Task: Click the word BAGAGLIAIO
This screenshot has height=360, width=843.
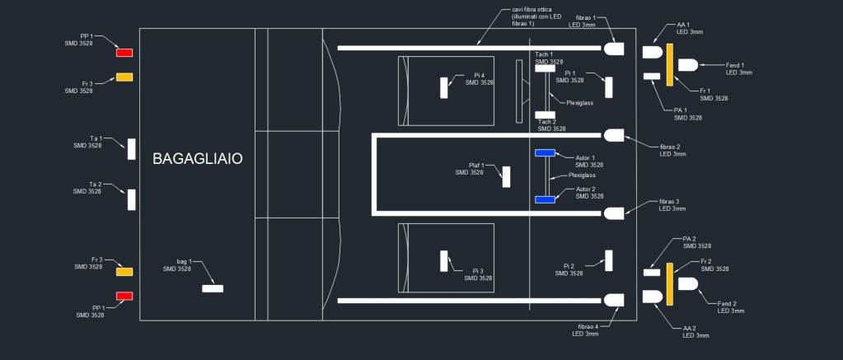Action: [197, 158]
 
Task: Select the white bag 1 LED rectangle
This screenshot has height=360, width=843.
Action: [213, 288]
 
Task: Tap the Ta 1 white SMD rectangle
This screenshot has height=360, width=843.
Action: [131, 149]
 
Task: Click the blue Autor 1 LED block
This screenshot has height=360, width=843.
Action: [545, 153]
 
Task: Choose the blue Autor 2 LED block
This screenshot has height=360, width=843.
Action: [545, 200]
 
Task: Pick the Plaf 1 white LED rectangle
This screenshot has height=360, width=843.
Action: [506, 177]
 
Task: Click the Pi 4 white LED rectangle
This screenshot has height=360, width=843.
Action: [443, 87]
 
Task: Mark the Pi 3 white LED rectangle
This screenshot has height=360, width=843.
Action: [443, 261]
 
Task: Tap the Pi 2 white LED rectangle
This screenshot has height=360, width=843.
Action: [609, 260]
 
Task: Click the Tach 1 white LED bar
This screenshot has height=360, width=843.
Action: [545, 68]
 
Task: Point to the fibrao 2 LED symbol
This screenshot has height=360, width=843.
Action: [614, 135]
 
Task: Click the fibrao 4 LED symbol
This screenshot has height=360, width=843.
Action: [614, 300]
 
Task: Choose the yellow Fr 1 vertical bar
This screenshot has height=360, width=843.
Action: [669, 65]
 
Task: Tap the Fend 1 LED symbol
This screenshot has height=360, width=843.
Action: [687, 65]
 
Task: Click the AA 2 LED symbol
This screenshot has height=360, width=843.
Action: [653, 297]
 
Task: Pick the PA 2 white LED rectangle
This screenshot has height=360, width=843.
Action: [652, 273]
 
